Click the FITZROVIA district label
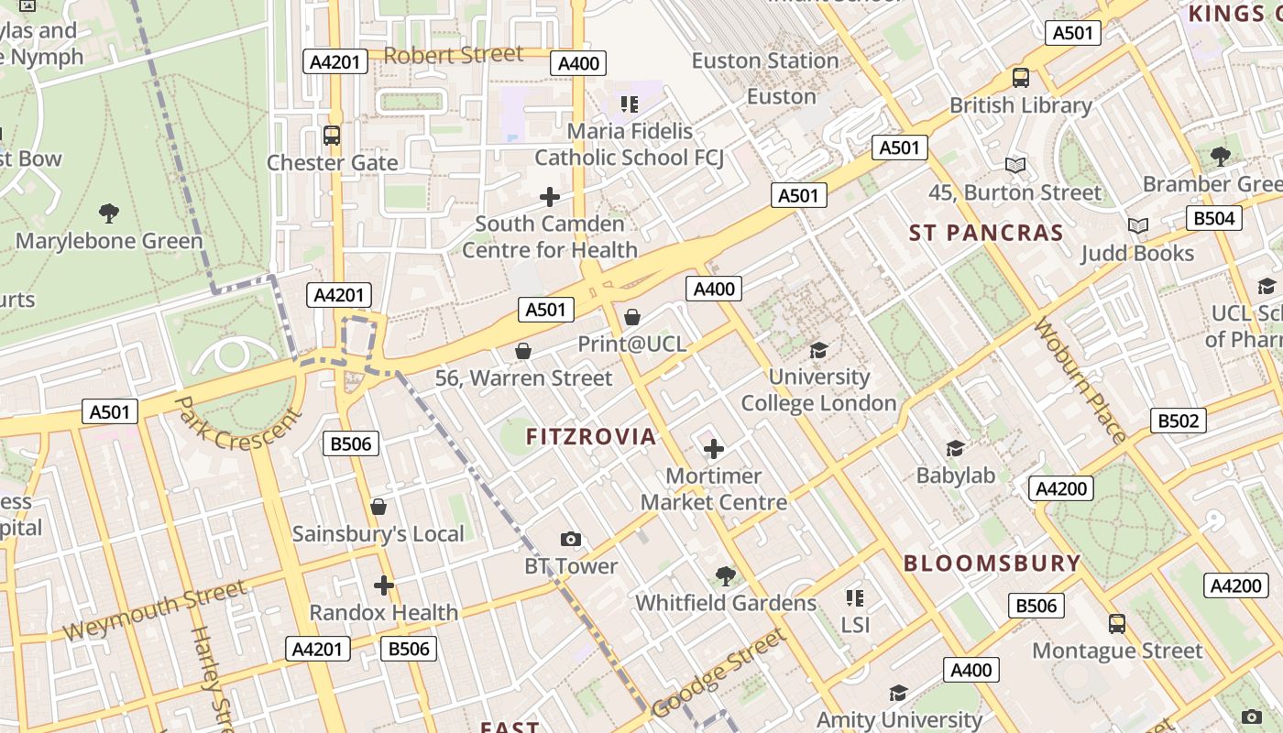(591, 437)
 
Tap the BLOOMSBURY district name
(992, 563)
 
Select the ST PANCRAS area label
(986, 233)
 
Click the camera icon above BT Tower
(570, 539)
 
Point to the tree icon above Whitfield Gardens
(725, 575)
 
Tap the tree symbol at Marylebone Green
(109, 213)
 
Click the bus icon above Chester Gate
(332, 136)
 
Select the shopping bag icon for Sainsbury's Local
(378, 507)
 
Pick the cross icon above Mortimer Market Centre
(713, 449)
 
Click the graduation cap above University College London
(818, 350)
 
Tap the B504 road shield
(1214, 218)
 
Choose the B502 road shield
(1178, 421)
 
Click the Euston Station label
(764, 60)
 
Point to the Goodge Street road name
(719, 673)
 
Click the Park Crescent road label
(237, 422)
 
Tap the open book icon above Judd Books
(1137, 225)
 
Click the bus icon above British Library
(1020, 78)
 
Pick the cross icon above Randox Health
(383, 585)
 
